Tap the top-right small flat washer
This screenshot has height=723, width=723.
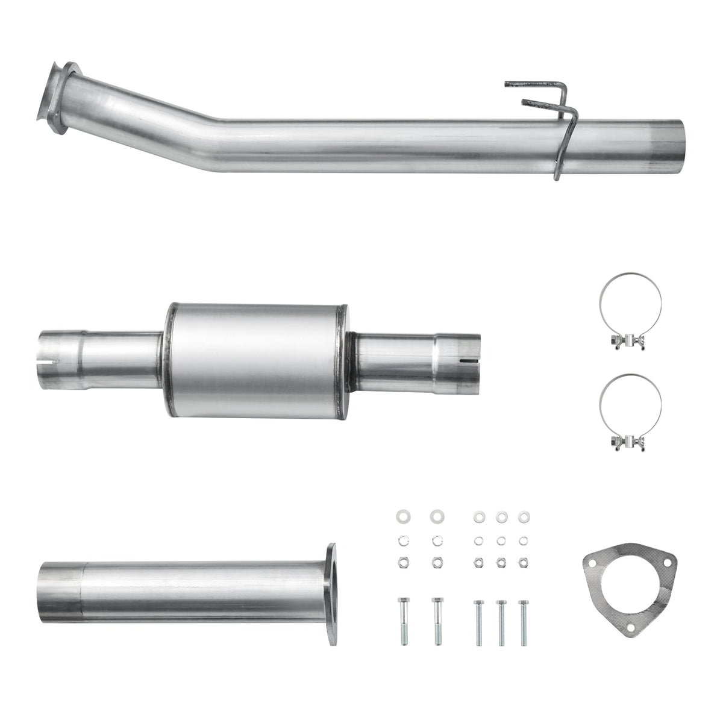coord(522,516)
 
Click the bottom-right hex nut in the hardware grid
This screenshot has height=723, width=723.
coord(522,562)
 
